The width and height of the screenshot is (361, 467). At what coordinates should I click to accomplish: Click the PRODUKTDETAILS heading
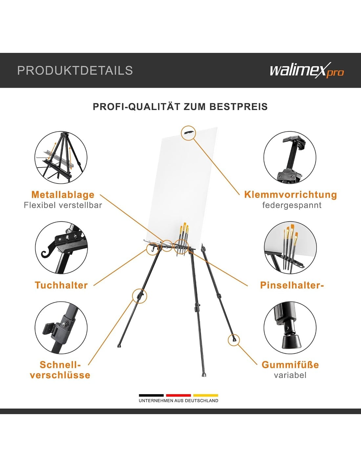75,71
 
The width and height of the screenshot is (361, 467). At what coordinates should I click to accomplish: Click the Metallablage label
63,195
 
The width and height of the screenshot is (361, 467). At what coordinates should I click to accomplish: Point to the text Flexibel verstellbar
63,205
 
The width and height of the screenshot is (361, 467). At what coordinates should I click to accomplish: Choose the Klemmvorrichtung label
290,195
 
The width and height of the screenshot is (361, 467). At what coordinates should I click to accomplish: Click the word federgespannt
292,206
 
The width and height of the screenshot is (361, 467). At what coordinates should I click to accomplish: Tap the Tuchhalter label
61,285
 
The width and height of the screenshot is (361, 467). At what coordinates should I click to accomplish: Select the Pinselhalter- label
292,285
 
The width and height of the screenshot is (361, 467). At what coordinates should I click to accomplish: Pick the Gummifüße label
290,365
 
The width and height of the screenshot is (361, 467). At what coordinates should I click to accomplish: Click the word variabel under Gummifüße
290,375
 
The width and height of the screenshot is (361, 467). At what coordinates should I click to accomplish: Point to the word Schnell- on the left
60,365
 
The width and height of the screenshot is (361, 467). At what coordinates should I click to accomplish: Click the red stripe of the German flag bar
179,395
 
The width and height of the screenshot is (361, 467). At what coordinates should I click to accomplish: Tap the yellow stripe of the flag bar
206,395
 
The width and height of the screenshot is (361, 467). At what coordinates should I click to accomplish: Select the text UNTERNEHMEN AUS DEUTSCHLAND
179,401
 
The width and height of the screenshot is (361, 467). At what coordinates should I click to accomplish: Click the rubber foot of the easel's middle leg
204,375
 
